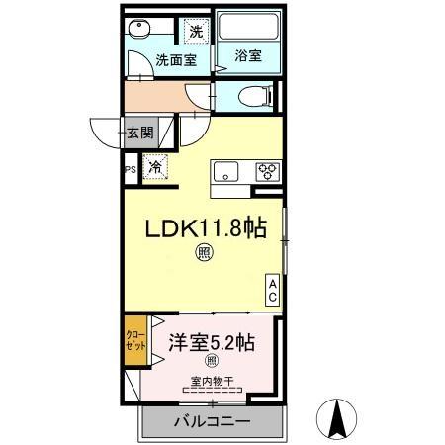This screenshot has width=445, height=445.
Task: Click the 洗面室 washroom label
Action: pos(176,59)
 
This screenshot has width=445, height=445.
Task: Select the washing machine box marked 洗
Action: pos(196,32)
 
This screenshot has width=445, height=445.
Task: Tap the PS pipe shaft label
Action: pos(129,168)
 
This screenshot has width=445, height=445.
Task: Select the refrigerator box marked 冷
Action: pos(156,167)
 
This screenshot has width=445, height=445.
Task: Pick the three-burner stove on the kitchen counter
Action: pos(267,169)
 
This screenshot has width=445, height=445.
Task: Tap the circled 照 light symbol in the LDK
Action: pos(202,254)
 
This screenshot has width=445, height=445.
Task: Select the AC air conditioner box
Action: pos(272,289)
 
